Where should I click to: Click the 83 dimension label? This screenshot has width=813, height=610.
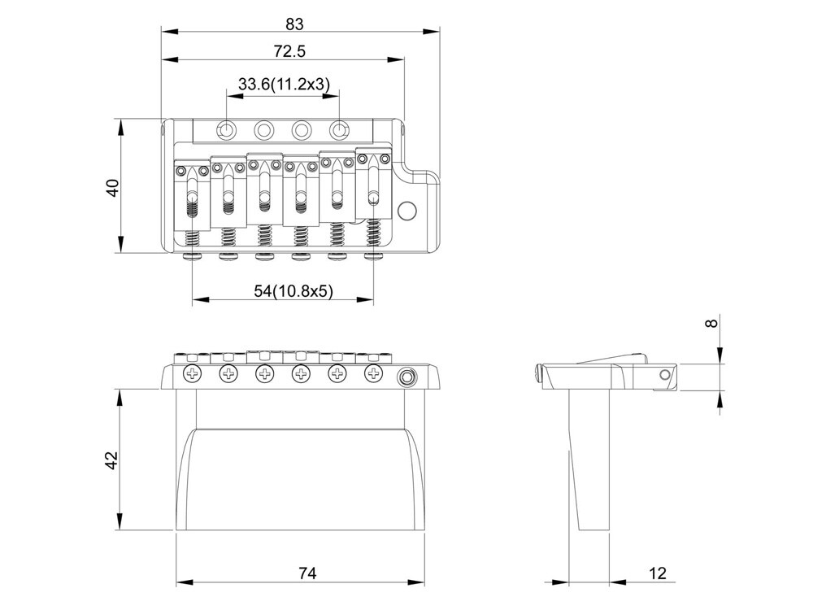(x=294, y=24)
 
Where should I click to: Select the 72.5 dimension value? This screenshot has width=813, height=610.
(x=290, y=50)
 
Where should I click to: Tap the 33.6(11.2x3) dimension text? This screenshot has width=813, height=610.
(x=284, y=84)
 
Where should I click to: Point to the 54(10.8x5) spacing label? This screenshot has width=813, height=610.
(x=293, y=291)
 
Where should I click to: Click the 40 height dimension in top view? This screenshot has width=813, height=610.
(x=112, y=187)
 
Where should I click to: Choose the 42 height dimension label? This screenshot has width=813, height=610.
(x=112, y=460)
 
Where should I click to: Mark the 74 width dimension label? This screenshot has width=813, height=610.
(x=307, y=573)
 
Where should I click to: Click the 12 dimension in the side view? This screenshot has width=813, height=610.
(x=658, y=573)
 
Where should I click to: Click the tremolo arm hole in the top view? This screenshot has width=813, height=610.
(x=406, y=211)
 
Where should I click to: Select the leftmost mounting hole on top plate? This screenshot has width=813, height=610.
(x=227, y=129)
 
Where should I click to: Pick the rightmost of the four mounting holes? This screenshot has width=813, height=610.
(x=339, y=129)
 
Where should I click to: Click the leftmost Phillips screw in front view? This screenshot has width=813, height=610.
(x=193, y=373)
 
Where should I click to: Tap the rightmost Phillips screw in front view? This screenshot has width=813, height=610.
(x=373, y=373)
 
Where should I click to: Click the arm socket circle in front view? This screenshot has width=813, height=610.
(x=407, y=377)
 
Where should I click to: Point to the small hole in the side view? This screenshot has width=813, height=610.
(x=664, y=374)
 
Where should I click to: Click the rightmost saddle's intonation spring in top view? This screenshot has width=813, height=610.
(x=373, y=232)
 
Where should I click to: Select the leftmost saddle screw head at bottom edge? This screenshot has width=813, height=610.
(x=193, y=255)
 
